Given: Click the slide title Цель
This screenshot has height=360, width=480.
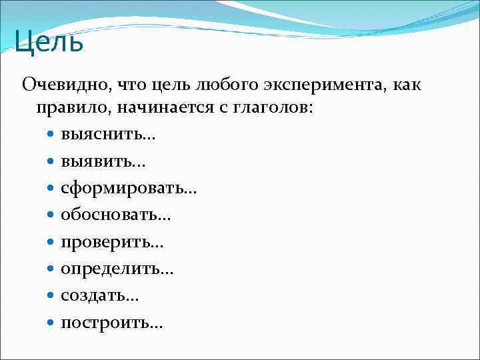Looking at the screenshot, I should click(49, 43).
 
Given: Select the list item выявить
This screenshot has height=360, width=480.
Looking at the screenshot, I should click(103, 162).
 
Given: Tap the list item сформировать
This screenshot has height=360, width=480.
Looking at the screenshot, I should click(128, 189).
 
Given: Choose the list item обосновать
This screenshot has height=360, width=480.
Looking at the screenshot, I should click(116, 215).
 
